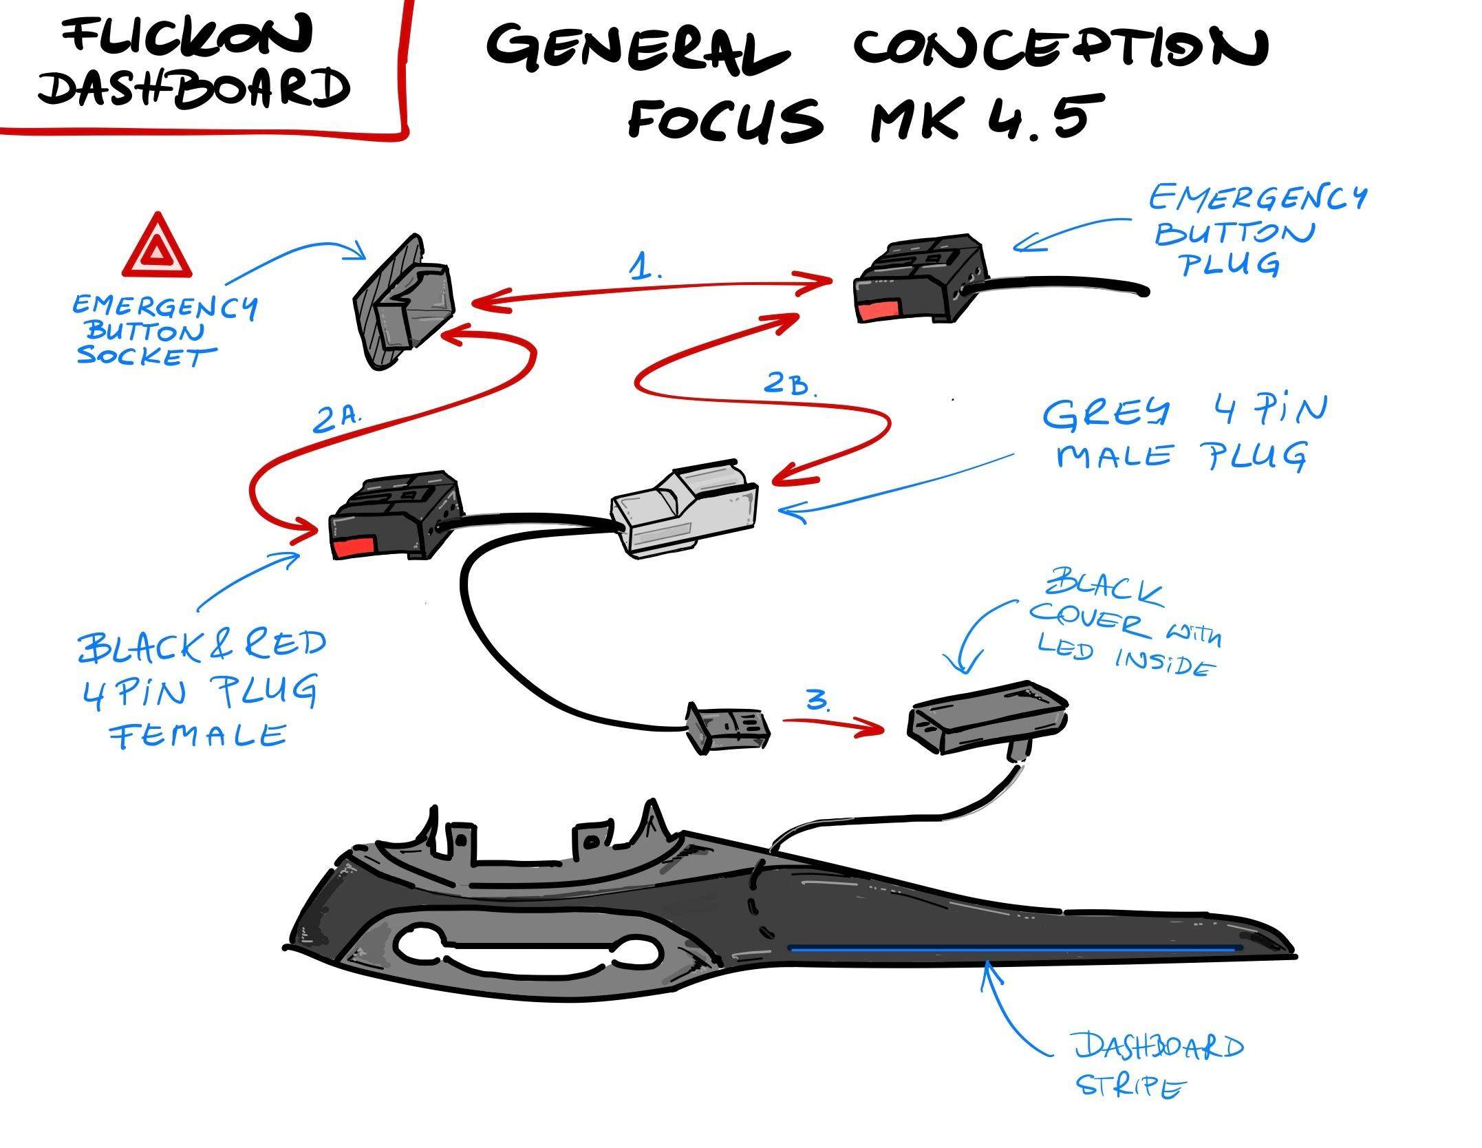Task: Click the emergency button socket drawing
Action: pos(404,301)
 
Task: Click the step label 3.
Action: pos(819,701)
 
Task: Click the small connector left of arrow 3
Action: pos(727,728)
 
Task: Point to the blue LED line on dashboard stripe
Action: pos(1011,948)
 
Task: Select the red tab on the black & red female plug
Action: pos(354,548)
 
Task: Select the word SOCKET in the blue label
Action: pos(146,356)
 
